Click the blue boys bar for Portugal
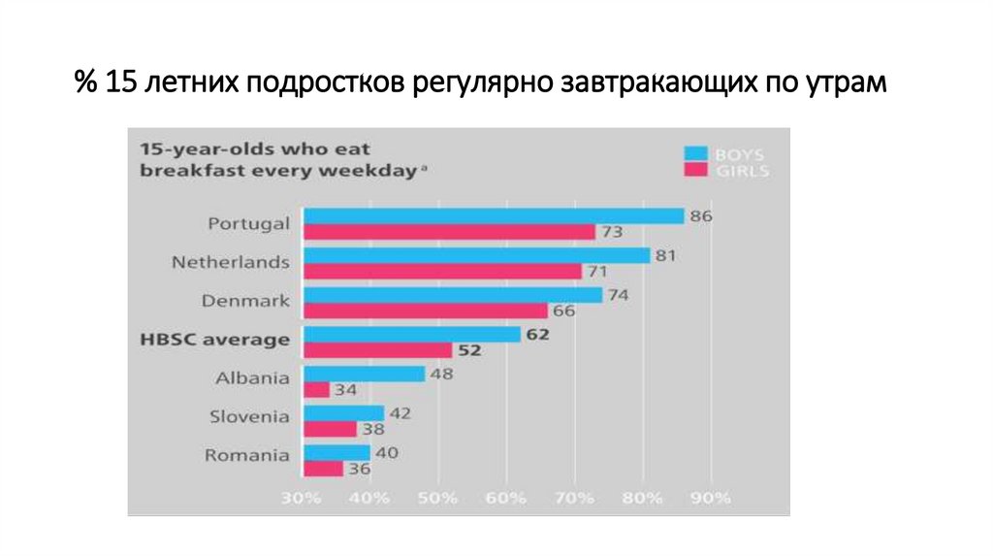click(495, 215)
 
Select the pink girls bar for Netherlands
click(443, 271)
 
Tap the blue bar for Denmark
click(453, 294)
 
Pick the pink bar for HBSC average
click(378, 349)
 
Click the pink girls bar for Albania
click(317, 389)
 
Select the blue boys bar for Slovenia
click(344, 412)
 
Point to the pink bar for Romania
click(324, 468)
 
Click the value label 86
click(701, 216)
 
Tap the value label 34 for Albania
click(346, 390)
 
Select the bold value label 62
click(538, 335)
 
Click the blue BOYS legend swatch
click(694, 153)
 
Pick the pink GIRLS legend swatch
click(694, 170)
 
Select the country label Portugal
click(248, 223)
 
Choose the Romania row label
click(248, 454)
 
